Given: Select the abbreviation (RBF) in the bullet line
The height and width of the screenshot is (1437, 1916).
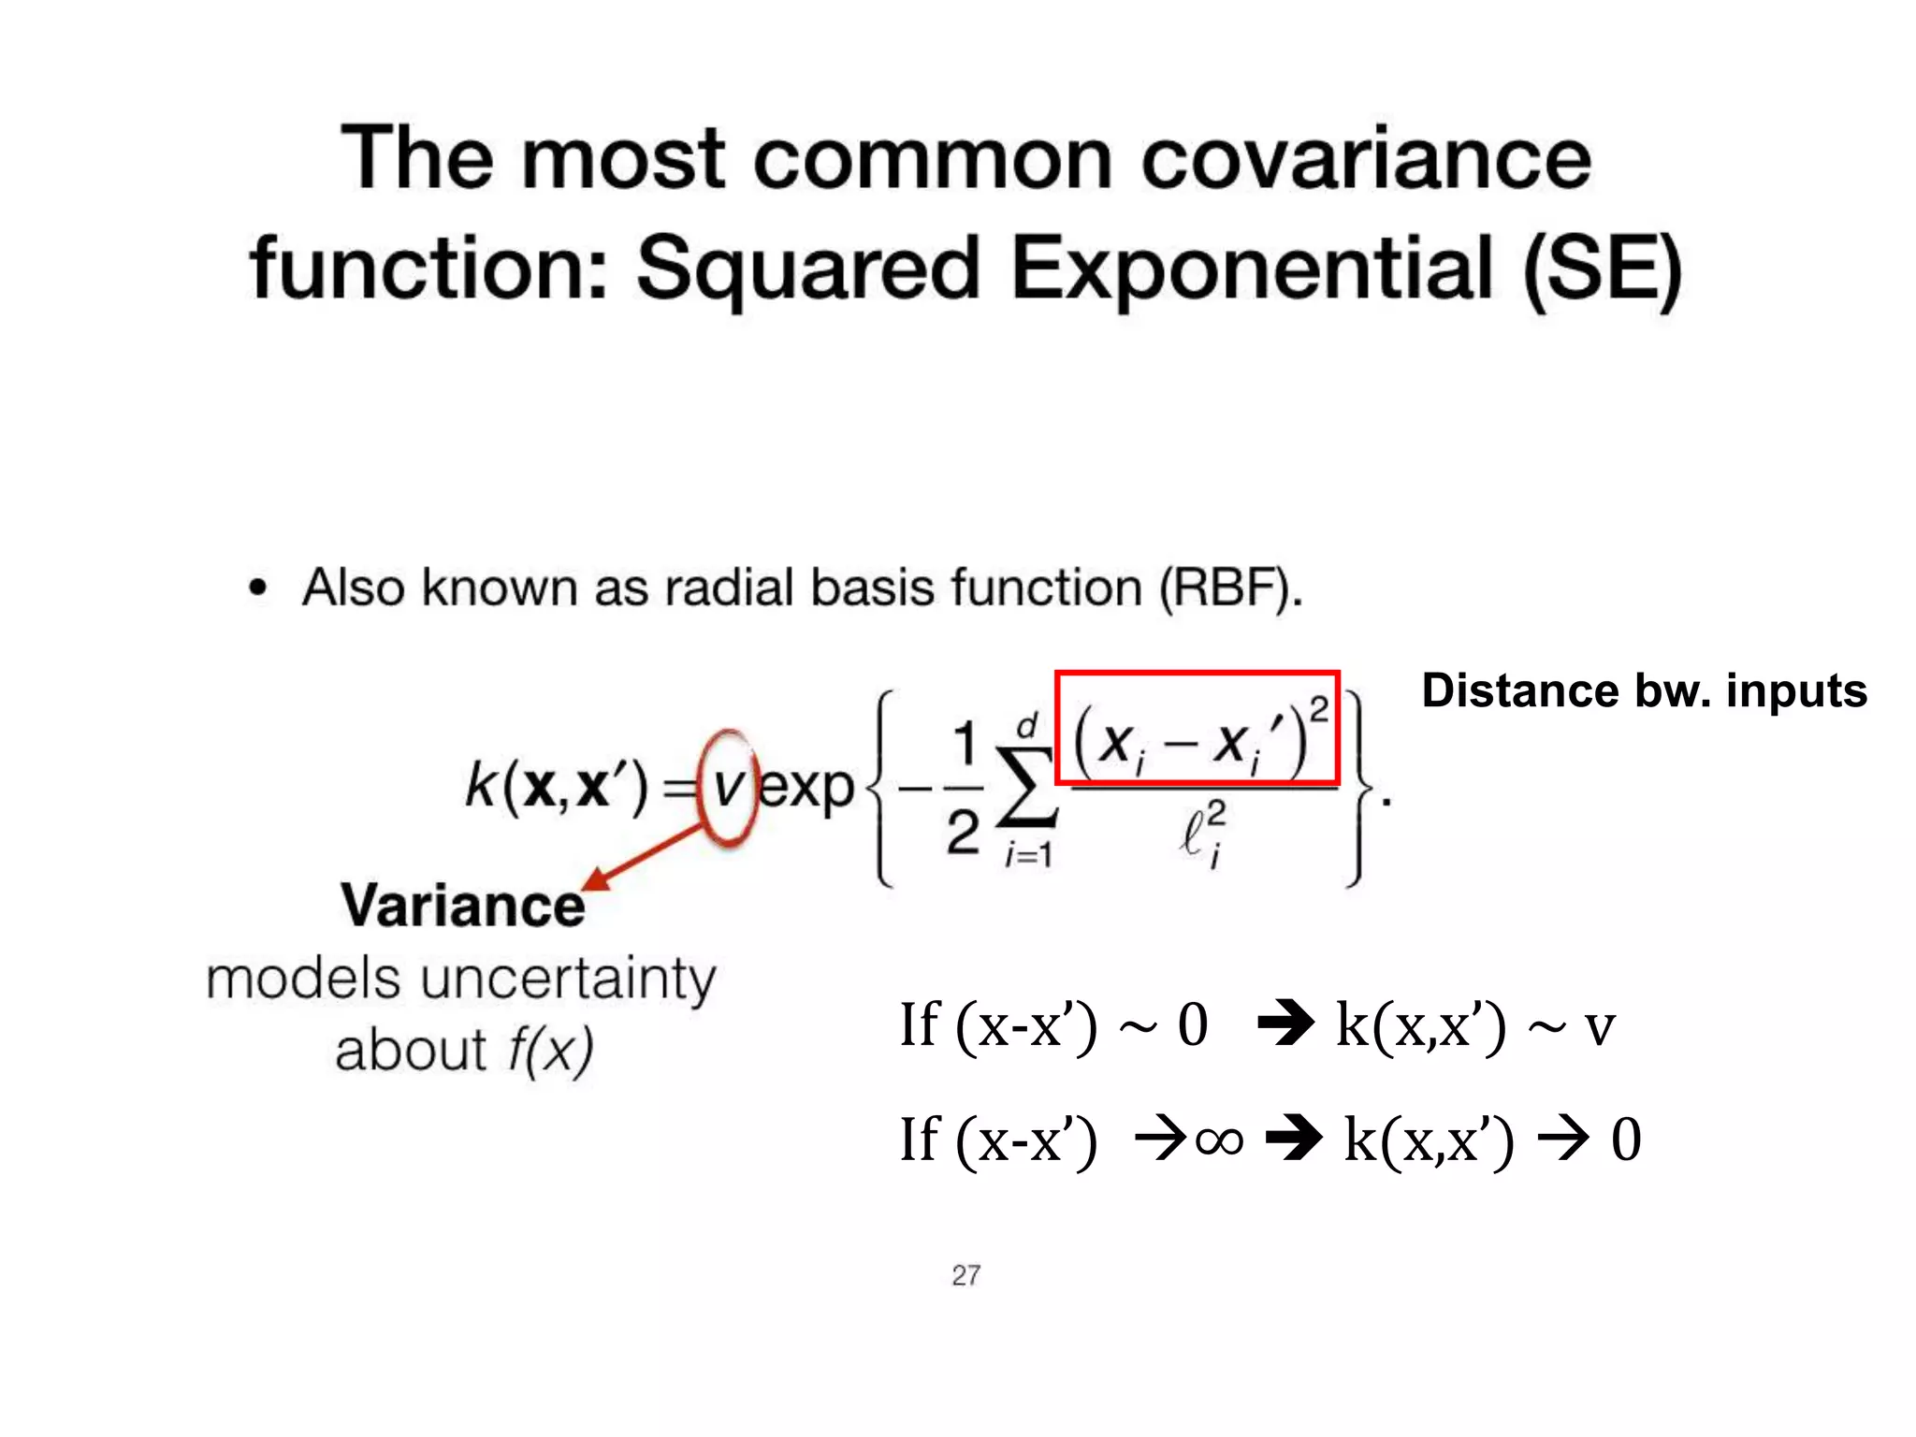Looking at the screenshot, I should [x=1228, y=588].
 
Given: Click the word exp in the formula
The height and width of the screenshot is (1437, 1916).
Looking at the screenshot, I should [x=806, y=788].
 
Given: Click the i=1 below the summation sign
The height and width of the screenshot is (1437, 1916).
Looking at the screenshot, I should [x=1027, y=854].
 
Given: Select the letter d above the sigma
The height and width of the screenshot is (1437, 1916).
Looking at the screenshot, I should [x=1027, y=725].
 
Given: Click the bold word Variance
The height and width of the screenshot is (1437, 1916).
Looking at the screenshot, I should [x=462, y=906].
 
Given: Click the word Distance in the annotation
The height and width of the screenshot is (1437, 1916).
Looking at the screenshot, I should [x=1519, y=691].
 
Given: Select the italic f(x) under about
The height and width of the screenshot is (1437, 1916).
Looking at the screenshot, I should [x=550, y=1051].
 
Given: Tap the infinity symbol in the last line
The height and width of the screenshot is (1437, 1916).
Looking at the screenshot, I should [x=1219, y=1140].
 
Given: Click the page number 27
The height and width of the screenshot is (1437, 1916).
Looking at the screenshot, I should [x=965, y=1275].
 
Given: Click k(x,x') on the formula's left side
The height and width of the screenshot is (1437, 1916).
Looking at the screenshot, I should [x=556, y=786].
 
